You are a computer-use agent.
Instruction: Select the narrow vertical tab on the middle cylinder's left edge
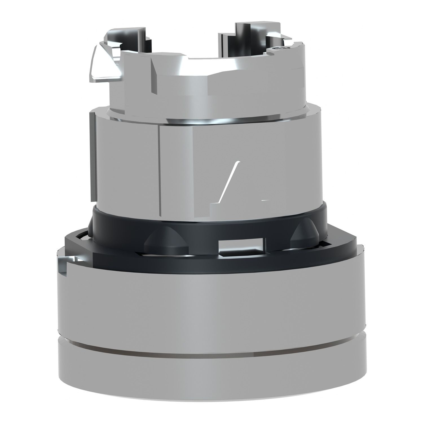click(x=92, y=155)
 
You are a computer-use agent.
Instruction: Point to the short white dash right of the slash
click(x=265, y=200)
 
